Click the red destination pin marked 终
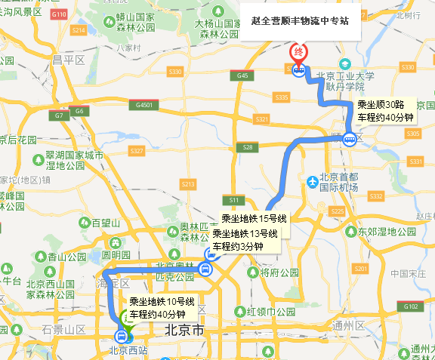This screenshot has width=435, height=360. click(x=298, y=52)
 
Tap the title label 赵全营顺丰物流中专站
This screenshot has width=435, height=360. click(x=300, y=21)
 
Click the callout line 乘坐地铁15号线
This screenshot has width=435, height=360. click(x=248, y=220)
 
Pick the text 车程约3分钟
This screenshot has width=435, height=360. click(x=237, y=246)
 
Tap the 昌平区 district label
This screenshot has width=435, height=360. click(x=67, y=59)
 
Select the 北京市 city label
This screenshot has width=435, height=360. click(x=184, y=331)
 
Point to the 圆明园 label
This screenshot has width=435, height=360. click(x=116, y=255)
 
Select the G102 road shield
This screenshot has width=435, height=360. click(x=411, y=307)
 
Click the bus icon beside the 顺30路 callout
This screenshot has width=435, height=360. click(x=350, y=138)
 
